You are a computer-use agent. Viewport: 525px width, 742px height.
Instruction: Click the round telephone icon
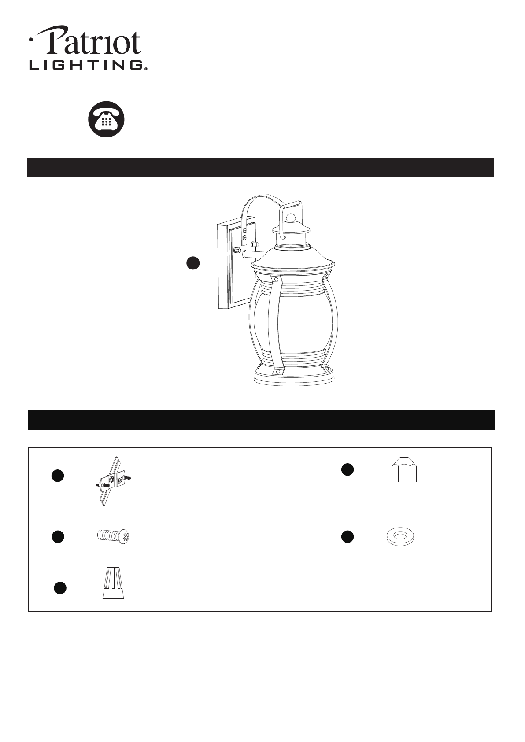[106, 119]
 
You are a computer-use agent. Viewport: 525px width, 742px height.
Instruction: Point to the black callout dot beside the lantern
[193, 263]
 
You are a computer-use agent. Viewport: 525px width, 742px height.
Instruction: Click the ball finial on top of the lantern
[291, 218]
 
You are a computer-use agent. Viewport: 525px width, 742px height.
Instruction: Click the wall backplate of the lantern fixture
[236, 263]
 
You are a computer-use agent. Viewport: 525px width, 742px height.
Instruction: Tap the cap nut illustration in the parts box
[404, 470]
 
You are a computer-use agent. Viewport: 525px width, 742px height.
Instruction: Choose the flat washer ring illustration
[400, 536]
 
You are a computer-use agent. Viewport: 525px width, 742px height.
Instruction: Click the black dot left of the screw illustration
[58, 537]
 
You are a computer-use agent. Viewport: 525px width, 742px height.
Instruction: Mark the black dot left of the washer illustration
[348, 537]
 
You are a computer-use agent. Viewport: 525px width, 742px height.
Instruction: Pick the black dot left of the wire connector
[60, 588]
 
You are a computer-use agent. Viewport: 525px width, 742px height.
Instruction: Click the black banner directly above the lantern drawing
[261, 168]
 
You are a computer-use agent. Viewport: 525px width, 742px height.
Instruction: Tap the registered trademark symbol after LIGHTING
[146, 69]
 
